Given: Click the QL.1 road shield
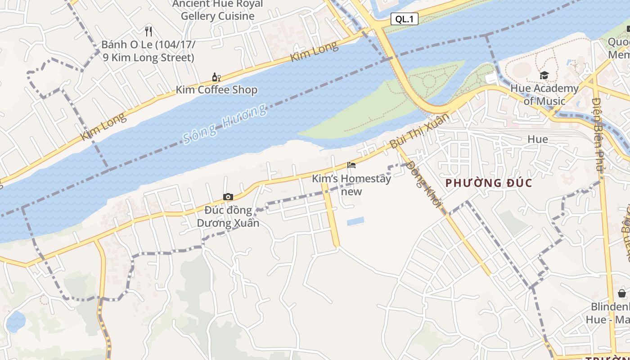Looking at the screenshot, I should point(404,19).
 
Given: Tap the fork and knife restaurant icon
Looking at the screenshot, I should point(148,31).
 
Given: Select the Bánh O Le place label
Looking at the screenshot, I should point(148,51).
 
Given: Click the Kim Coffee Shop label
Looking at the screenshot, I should point(216,90).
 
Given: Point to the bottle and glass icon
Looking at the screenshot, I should point(216,77).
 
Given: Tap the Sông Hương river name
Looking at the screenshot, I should point(225,124).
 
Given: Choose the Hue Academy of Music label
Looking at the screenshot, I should point(544,94).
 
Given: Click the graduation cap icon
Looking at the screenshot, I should point(544,75).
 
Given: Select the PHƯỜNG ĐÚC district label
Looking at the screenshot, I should point(489,183).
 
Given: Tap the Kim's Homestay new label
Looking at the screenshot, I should point(351,185).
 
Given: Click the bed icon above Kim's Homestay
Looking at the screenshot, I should point(351,165).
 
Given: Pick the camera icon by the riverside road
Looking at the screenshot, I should point(228,197).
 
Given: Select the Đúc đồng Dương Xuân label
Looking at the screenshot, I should point(228,216).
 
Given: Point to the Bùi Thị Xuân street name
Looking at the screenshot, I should point(419,131).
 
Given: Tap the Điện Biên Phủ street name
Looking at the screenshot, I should point(598,134).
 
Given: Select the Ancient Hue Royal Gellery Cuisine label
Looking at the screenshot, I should point(218,10).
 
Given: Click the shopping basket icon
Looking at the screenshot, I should point(622,293).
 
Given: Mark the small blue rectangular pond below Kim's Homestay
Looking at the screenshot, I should point(355,221).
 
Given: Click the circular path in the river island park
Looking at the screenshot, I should point(429,81).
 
